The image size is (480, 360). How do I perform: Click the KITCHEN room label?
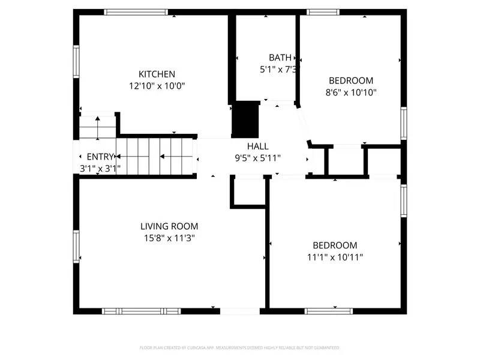[157, 74]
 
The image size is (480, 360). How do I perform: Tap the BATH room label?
[280, 58]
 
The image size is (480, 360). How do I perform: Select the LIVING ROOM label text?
[169, 226]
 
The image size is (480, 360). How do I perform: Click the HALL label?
[258, 146]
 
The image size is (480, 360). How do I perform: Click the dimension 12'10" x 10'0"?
[157, 86]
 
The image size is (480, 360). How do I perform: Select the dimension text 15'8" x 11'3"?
[169, 238]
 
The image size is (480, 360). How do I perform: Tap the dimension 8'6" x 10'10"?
[351, 92]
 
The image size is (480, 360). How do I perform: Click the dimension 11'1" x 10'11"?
[335, 257]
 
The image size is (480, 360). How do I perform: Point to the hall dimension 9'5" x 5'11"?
[258, 158]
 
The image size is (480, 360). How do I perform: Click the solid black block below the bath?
[245, 120]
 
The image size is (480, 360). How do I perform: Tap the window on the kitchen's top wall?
[136, 11]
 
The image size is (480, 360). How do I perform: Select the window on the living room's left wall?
[76, 247]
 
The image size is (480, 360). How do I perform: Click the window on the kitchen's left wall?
[76, 61]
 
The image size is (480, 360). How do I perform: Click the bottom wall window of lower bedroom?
[329, 311]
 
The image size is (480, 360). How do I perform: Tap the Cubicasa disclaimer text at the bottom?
[239, 348]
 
